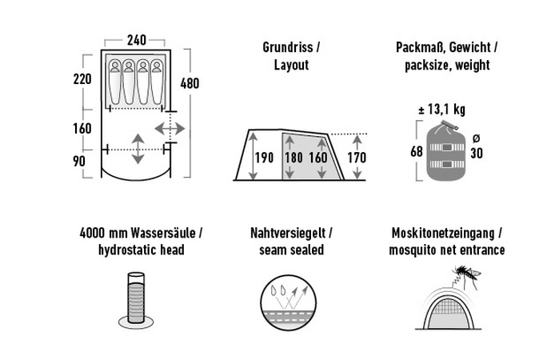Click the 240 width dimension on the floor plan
click(x=137, y=40)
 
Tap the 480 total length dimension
click(x=190, y=83)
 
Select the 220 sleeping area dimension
click(x=82, y=79)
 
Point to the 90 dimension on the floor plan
click(x=79, y=162)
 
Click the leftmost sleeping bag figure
click(x=115, y=82)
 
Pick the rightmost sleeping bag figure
click(x=157, y=82)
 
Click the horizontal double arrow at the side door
click(x=170, y=129)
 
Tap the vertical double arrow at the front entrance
click(x=138, y=149)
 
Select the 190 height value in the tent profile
click(x=264, y=158)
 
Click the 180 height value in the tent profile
click(x=293, y=158)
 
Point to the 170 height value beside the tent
click(x=357, y=158)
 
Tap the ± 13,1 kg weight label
click(x=441, y=110)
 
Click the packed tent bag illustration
click(x=445, y=150)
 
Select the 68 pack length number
click(x=417, y=151)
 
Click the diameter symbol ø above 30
click(x=476, y=138)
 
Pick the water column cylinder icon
click(x=136, y=300)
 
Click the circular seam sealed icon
click(x=288, y=302)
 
